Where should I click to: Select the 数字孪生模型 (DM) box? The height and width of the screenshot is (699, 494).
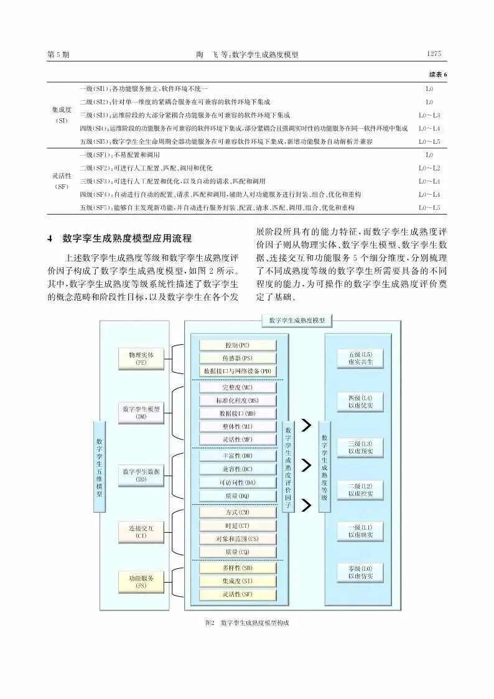click(x=141, y=412)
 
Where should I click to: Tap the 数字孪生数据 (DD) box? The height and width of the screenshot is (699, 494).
click(x=141, y=476)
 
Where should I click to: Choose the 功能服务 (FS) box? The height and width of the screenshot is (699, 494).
click(x=141, y=581)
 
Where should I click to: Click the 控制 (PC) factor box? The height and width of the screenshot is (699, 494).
click(x=237, y=345)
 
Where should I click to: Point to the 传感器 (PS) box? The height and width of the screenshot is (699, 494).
click(x=237, y=358)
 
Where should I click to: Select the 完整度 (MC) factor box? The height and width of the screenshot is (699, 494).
click(x=237, y=387)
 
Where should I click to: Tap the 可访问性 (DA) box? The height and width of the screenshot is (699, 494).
click(x=237, y=482)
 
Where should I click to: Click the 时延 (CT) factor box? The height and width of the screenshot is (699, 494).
click(x=237, y=525)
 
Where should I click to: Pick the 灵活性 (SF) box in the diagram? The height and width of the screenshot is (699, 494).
click(x=237, y=594)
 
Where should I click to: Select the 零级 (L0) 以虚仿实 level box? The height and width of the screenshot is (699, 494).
click(x=361, y=573)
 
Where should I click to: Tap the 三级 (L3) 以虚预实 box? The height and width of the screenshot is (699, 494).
click(x=361, y=447)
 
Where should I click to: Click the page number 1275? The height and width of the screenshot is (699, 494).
click(x=434, y=54)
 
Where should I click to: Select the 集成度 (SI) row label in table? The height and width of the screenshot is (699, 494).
click(x=62, y=115)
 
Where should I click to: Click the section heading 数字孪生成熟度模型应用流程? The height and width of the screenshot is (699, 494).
click(x=128, y=238)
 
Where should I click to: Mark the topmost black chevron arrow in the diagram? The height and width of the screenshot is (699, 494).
click(x=305, y=426)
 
